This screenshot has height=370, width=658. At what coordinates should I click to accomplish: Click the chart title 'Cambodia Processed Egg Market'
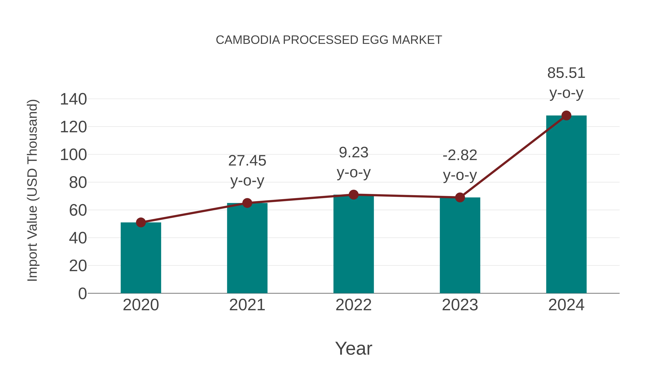329,40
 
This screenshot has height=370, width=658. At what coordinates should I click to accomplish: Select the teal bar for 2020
141,258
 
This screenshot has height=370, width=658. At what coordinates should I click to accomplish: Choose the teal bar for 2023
460,245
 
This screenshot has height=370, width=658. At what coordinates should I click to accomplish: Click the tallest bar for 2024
566,204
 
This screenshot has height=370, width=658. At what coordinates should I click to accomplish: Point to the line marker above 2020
141,222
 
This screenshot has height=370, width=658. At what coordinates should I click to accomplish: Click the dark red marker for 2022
353,195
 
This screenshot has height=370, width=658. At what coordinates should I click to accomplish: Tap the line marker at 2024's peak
566,115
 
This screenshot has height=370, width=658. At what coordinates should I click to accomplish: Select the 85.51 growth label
566,73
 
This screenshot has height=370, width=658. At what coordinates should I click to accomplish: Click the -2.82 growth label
460,155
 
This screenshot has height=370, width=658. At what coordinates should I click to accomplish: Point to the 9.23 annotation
353,153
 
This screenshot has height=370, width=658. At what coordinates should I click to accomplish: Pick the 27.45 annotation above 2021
247,161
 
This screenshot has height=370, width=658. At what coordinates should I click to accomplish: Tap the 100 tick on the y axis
73,155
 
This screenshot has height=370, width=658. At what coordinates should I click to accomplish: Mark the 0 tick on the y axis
82,293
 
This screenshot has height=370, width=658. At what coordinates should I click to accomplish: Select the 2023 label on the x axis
460,305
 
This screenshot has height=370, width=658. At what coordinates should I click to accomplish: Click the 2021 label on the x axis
247,305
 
